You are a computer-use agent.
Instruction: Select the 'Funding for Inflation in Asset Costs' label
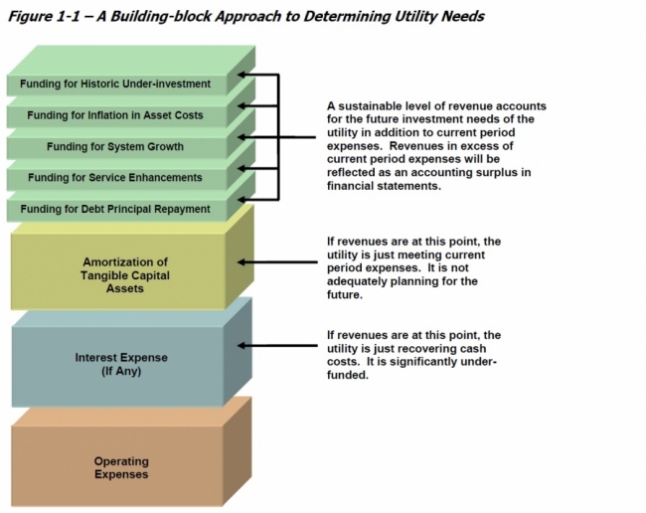(115, 115)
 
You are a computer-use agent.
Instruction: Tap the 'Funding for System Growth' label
(115, 147)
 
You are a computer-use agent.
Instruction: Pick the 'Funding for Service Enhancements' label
(115, 178)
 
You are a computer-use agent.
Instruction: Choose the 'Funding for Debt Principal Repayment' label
(115, 209)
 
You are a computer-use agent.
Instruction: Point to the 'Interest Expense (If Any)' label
(121, 364)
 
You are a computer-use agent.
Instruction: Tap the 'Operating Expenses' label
(121, 467)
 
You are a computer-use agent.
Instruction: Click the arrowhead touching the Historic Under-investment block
(244, 75)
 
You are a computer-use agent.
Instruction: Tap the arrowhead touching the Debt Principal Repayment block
(244, 199)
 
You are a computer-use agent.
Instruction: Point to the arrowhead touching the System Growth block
(244, 137)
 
